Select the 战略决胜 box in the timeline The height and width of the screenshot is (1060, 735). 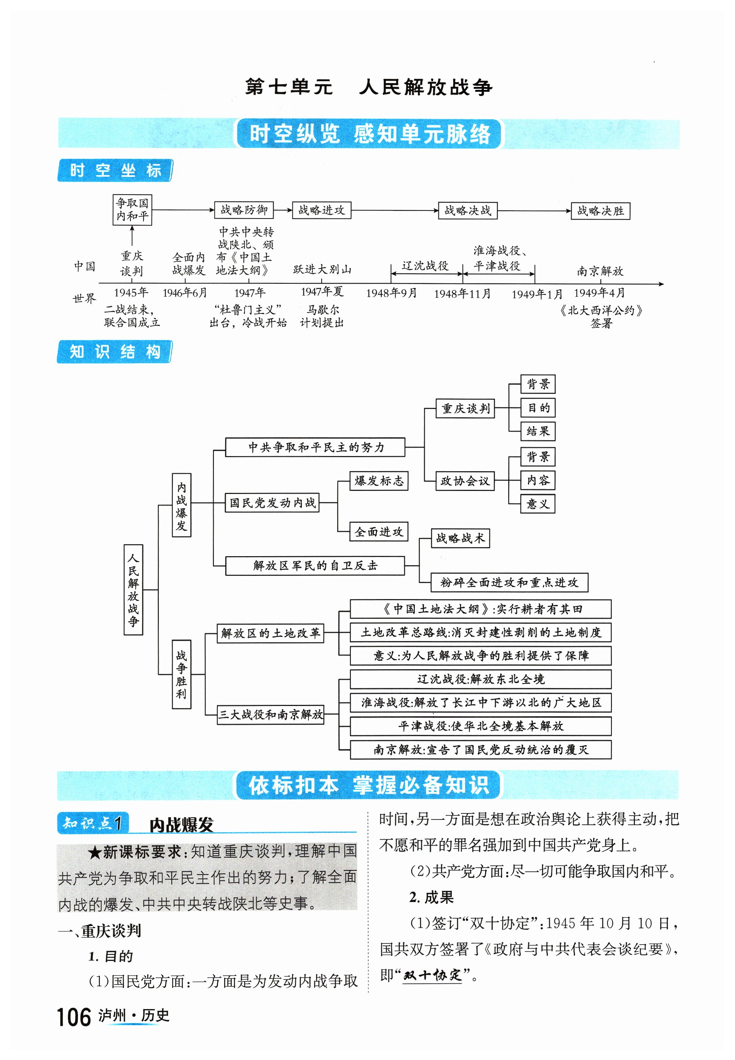click(x=600, y=211)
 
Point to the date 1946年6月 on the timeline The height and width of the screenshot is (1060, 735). click(x=185, y=293)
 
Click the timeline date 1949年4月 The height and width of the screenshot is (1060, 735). click(x=599, y=293)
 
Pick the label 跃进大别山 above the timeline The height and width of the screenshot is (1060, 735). click(x=322, y=269)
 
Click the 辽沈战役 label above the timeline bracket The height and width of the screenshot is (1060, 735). click(x=425, y=266)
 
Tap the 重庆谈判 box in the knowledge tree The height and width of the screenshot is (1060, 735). click(x=465, y=409)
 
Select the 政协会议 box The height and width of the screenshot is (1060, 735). click(x=465, y=481)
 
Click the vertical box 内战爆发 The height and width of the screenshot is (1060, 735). click(x=181, y=505)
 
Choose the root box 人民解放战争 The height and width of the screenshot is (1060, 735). click(x=133, y=590)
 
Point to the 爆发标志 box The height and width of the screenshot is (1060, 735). click(x=378, y=481)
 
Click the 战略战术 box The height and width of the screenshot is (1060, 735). click(x=460, y=538)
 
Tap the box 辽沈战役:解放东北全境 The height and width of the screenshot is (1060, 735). click(x=480, y=679)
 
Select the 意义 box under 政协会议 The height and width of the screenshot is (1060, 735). click(x=537, y=504)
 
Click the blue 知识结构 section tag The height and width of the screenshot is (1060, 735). click(x=115, y=352)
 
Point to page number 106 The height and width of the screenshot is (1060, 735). click(x=74, y=1017)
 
